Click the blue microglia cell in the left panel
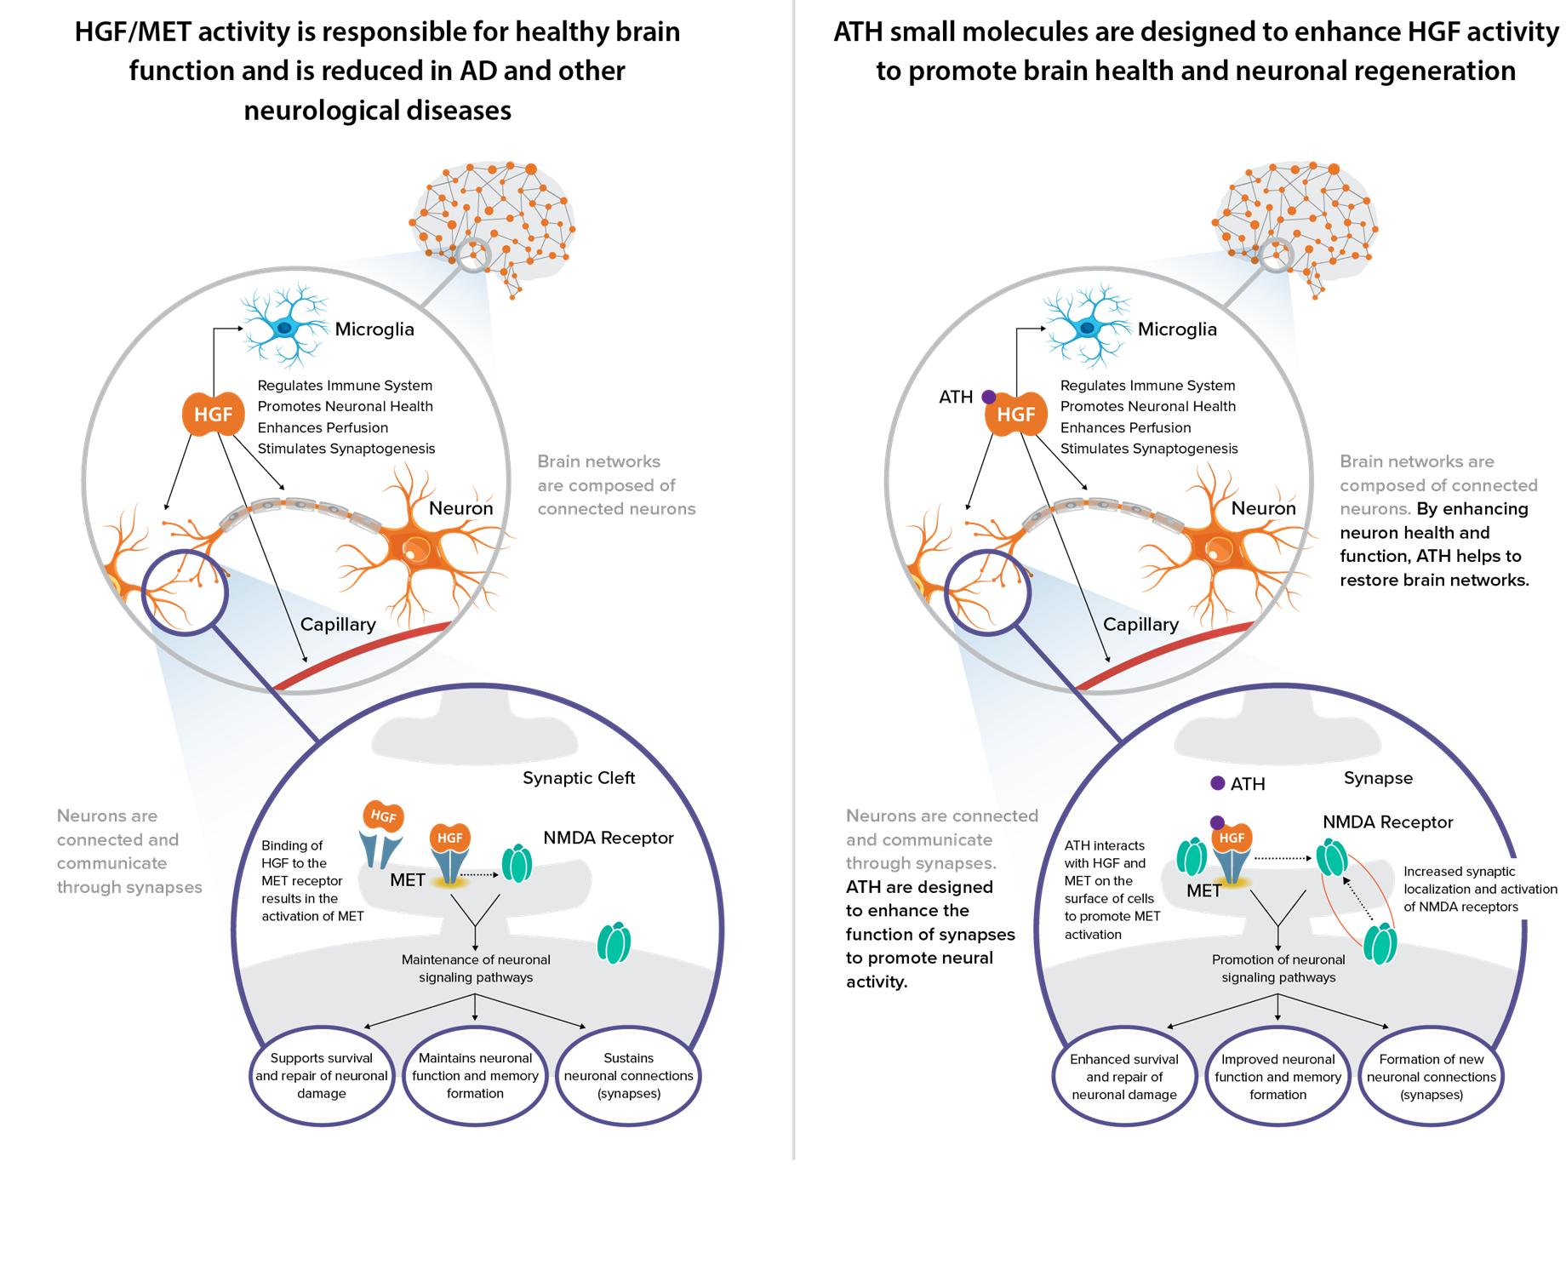283,328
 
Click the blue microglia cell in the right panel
1087,328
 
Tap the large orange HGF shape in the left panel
214,415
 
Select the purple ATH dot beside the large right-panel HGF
988,397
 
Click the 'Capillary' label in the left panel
338,624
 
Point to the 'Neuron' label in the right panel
1264,508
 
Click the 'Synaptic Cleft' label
579,778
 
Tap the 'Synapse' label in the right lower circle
1378,778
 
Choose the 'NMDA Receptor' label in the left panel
609,838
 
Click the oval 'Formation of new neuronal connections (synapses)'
1432,1077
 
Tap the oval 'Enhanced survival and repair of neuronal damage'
1124,1077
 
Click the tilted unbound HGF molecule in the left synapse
383,816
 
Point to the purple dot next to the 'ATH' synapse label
1218,783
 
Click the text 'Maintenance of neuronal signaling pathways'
476,969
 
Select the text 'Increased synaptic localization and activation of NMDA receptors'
1480,889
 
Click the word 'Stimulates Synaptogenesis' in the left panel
346,449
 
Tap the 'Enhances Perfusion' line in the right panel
1125,427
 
